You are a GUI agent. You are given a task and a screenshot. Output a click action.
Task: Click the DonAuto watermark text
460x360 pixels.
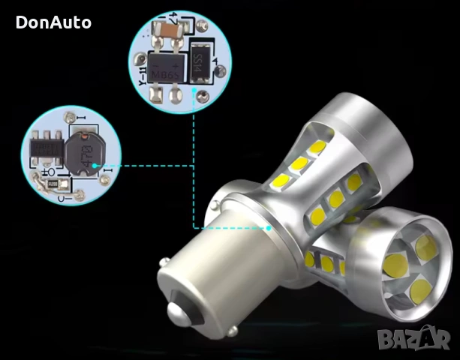coord(53,22)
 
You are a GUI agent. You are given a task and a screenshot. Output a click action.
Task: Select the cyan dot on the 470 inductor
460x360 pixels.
coord(95,165)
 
